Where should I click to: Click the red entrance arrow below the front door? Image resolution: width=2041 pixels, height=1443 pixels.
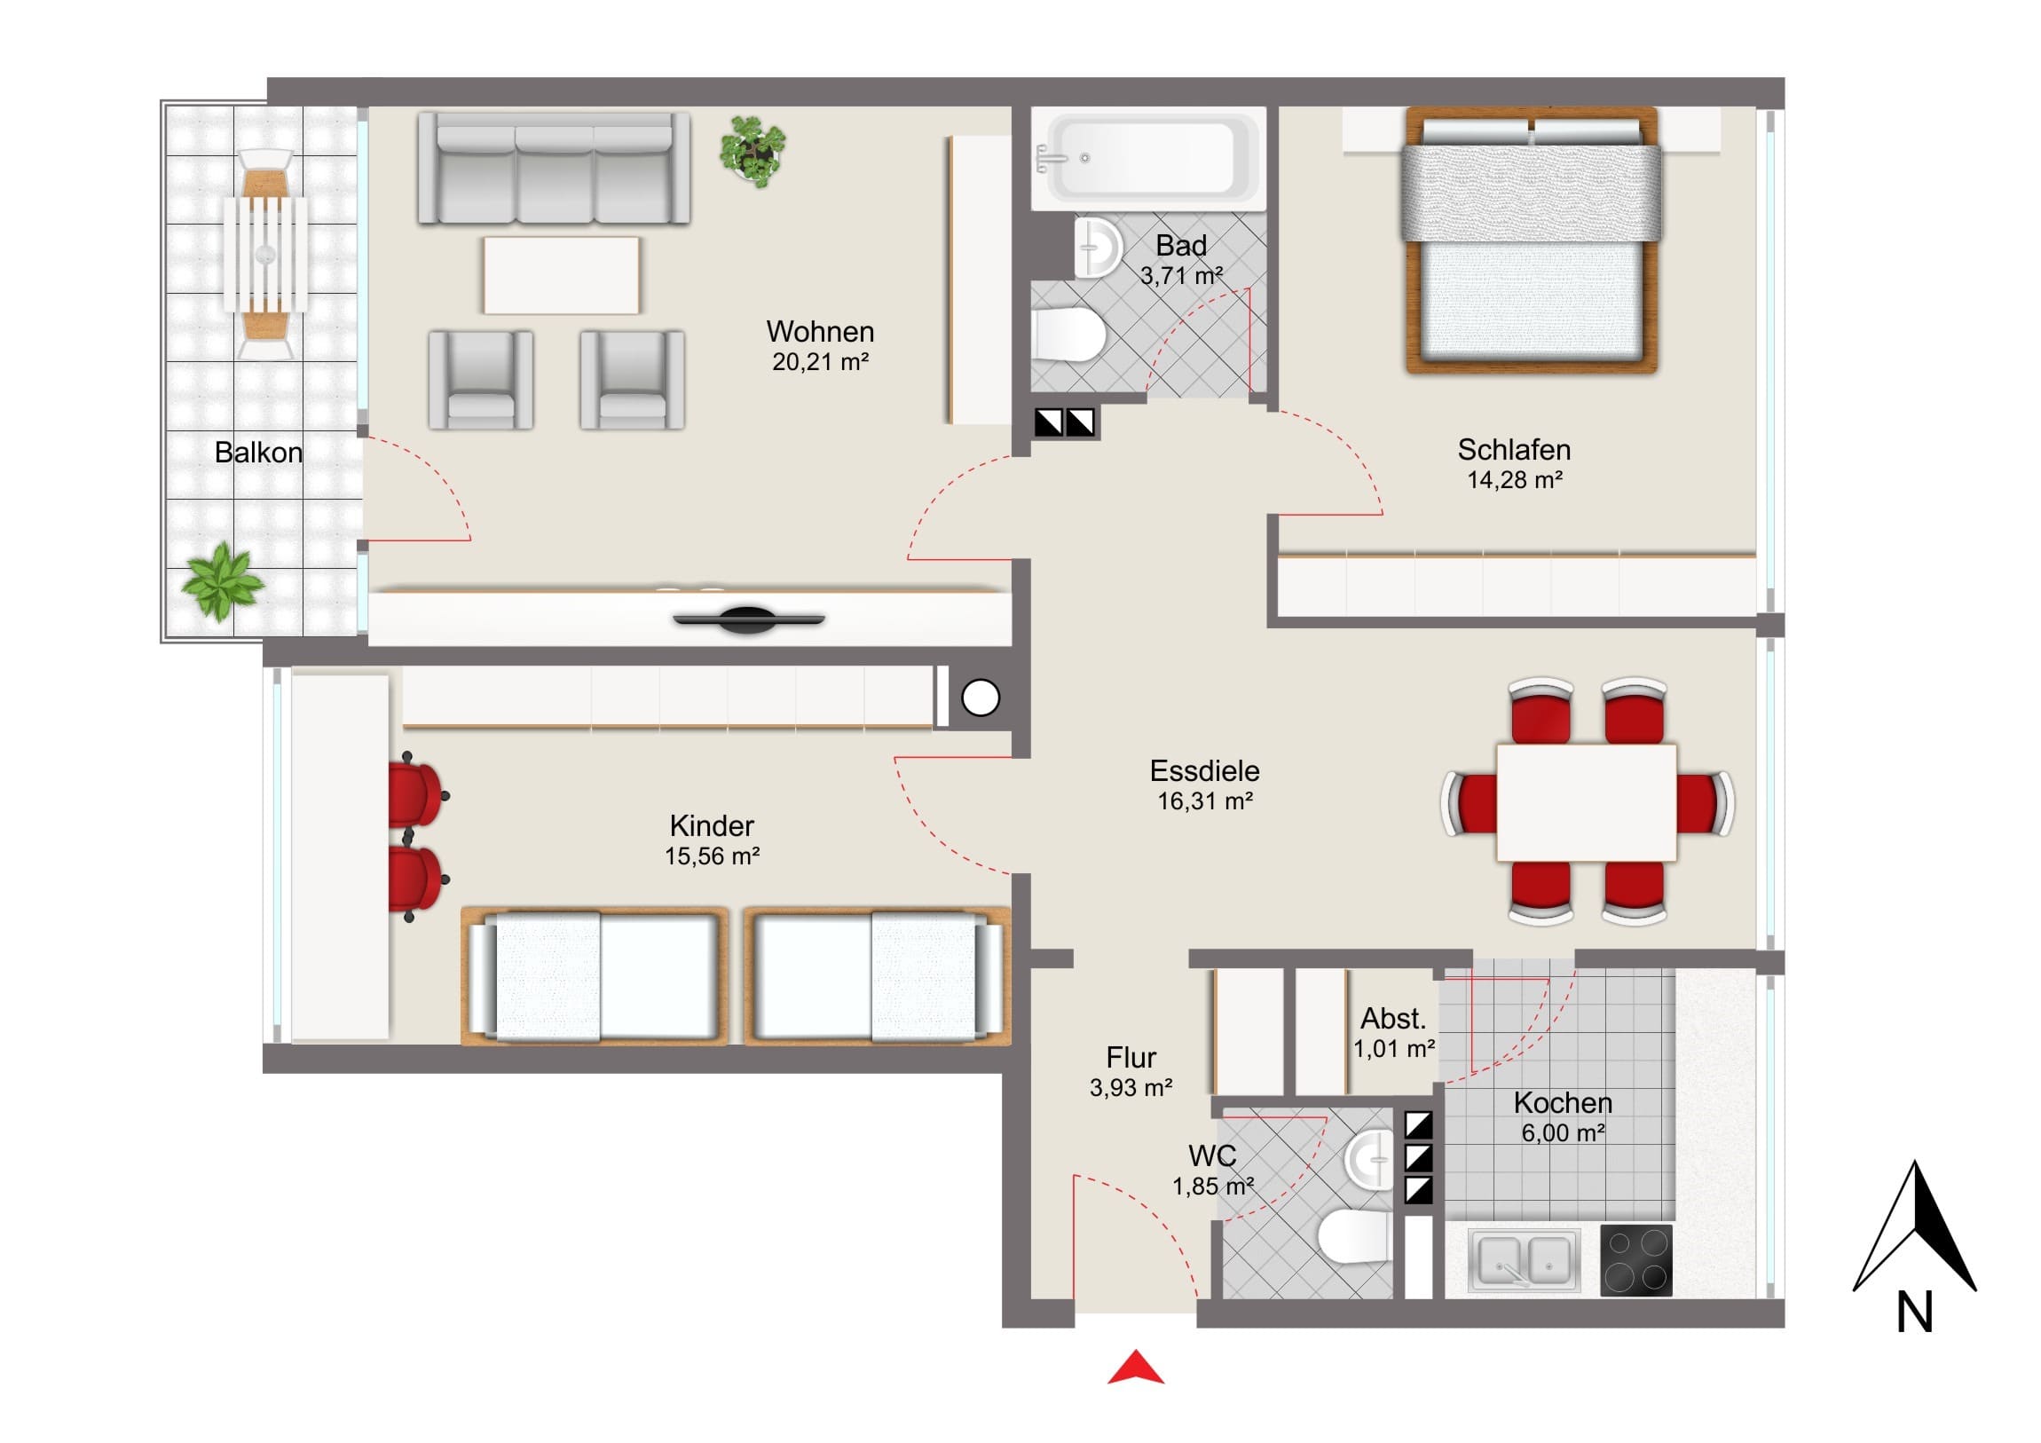[x=1135, y=1368]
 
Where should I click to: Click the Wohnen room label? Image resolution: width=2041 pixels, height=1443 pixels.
[x=820, y=332]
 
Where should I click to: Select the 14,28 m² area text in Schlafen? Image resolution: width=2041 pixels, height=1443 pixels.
[x=1514, y=480]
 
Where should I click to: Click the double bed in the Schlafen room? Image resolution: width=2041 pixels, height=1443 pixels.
[x=1531, y=240]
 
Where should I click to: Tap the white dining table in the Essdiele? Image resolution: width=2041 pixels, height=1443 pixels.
[x=1587, y=802]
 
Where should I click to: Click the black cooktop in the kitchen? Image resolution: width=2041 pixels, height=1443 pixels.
[x=1635, y=1260]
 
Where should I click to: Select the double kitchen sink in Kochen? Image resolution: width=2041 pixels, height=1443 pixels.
[x=1524, y=1260]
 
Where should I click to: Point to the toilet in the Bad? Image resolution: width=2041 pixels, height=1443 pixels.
[x=1068, y=335]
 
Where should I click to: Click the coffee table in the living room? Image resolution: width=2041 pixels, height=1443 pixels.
[x=561, y=275]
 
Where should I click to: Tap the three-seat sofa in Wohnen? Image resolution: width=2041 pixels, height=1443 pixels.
[x=554, y=168]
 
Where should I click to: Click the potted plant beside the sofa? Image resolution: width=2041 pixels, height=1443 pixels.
[x=753, y=151]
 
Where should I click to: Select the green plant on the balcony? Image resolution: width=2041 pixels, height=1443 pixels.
[x=222, y=581]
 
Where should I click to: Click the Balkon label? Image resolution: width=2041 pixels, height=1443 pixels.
[x=259, y=453]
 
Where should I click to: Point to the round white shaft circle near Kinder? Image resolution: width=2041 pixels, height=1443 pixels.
[x=981, y=698]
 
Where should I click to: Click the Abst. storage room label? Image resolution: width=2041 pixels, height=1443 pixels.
[x=1393, y=1018]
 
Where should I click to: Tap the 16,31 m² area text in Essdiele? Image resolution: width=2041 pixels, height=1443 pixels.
[x=1204, y=801]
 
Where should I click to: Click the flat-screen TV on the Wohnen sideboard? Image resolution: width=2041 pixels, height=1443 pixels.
[x=748, y=619]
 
